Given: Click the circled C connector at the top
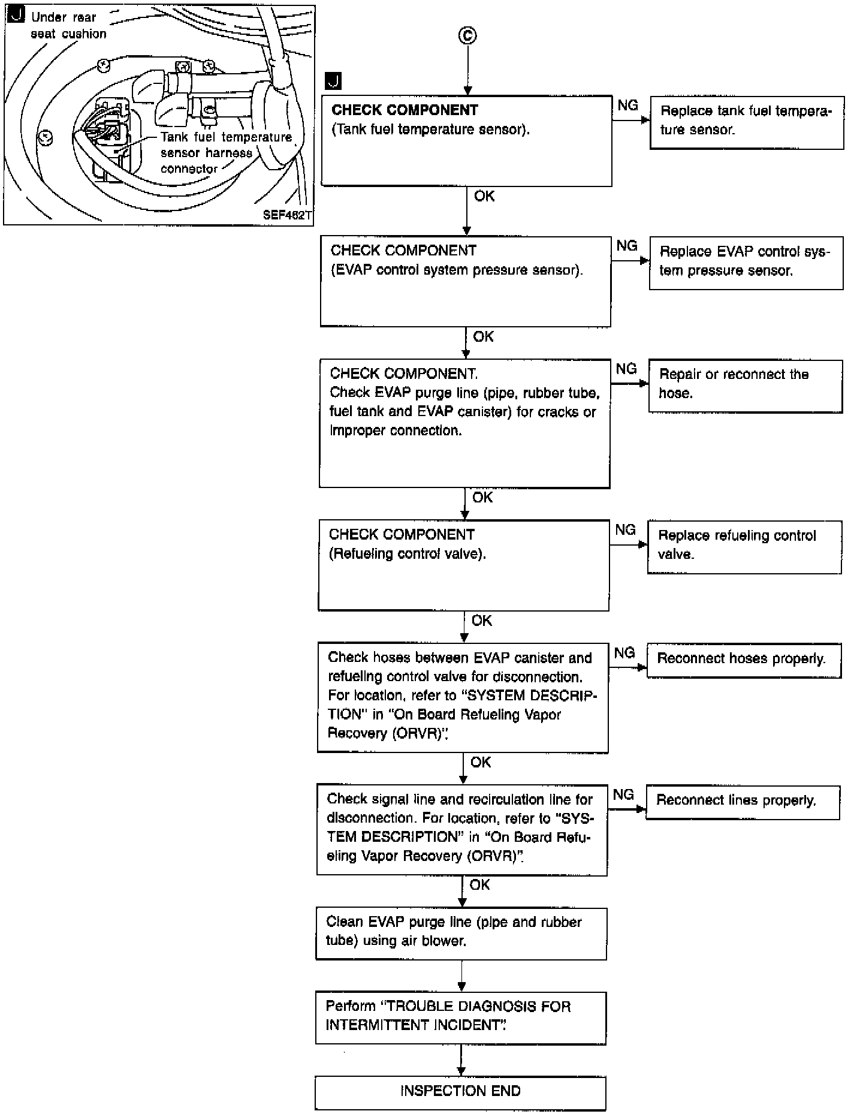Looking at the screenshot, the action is coord(467,36).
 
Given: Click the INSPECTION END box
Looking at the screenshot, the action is coord(460,1093).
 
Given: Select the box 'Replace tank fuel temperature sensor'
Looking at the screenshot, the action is coord(747,122).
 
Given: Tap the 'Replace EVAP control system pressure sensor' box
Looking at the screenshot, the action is coord(746,263).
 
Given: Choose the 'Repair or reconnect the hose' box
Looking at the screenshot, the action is coord(746,386).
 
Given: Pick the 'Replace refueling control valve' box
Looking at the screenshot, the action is coord(744,547).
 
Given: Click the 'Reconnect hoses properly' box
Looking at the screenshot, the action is coord(744,661).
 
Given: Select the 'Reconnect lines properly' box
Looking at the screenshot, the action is coord(743,802).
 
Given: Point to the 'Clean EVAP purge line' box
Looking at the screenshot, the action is coord(461,934).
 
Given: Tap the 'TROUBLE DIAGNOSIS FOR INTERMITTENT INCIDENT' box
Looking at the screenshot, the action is coord(461,1017).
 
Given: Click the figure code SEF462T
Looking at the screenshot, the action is coord(287,215).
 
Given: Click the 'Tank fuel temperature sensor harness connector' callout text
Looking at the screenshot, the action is coord(226,153).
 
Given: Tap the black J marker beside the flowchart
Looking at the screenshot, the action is coord(333,81).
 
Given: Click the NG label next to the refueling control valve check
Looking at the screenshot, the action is coord(626,529).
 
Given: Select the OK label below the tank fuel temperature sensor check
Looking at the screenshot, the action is coord(484,196).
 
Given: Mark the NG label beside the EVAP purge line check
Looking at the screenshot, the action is coord(626,369).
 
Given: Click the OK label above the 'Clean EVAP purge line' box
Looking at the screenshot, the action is coord(480,884).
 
